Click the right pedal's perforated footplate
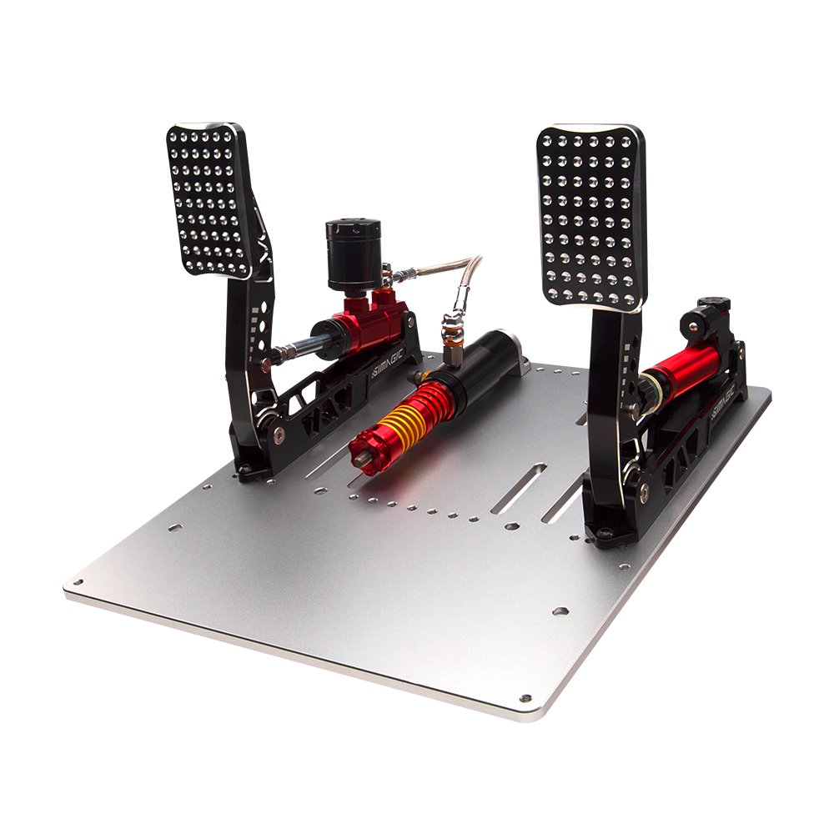[591, 218]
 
